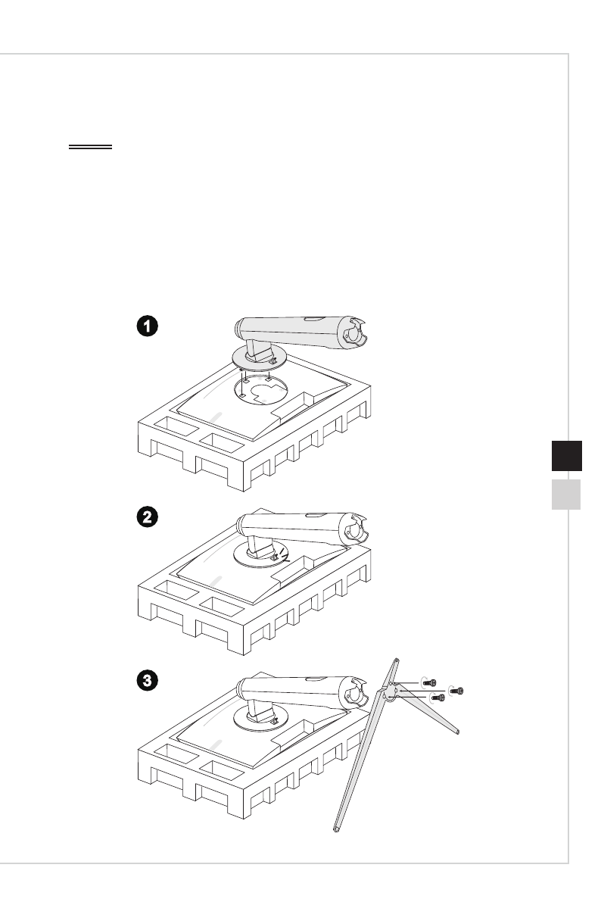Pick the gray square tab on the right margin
[x=562, y=494]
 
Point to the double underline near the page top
[x=90, y=148]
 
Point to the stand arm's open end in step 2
[x=353, y=529]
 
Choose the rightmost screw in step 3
[x=456, y=691]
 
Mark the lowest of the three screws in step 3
[x=437, y=697]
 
